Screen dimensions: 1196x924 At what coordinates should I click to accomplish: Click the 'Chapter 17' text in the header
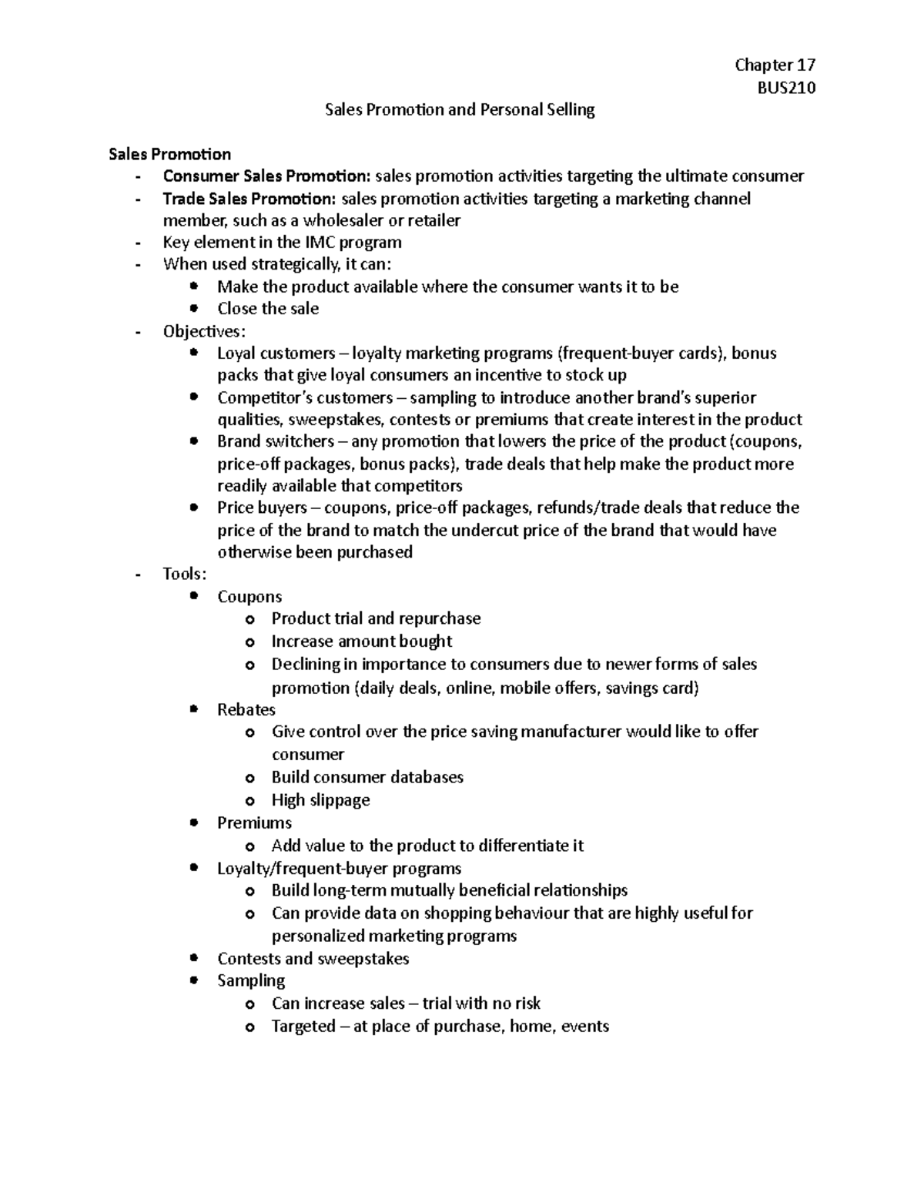click(x=775, y=65)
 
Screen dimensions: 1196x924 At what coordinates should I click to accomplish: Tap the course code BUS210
click(x=786, y=87)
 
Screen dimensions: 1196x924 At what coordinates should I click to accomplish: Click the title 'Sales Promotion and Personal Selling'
click(x=460, y=109)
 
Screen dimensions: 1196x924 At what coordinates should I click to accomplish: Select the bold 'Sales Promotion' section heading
click(x=169, y=154)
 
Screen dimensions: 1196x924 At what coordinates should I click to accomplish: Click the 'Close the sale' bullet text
click(x=267, y=309)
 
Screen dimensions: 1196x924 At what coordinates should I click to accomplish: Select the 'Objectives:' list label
click(x=204, y=331)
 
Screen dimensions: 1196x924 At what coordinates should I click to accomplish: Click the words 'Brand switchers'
click(x=275, y=442)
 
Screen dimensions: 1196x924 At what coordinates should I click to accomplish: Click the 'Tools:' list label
click(x=185, y=575)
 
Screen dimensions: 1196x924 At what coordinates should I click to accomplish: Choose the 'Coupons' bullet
click(x=249, y=597)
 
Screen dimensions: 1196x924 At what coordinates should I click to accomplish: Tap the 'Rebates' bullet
click(x=246, y=709)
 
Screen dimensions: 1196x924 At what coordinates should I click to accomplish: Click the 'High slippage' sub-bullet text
click(x=320, y=800)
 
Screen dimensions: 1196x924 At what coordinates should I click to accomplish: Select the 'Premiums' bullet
click(x=254, y=822)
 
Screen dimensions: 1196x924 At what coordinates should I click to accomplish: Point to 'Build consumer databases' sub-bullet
click(x=367, y=777)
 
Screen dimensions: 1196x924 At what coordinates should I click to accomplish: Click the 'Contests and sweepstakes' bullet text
click(x=313, y=959)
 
